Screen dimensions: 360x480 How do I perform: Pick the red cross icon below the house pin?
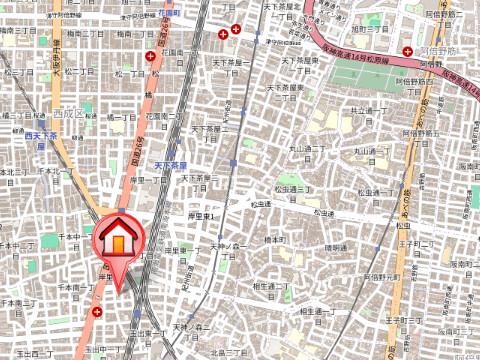pyautogui.click(x=96, y=312)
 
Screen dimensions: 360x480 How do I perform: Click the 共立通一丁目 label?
pyautogui.click(x=367, y=115)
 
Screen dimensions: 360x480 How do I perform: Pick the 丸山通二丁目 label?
pyautogui.click(x=370, y=154)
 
